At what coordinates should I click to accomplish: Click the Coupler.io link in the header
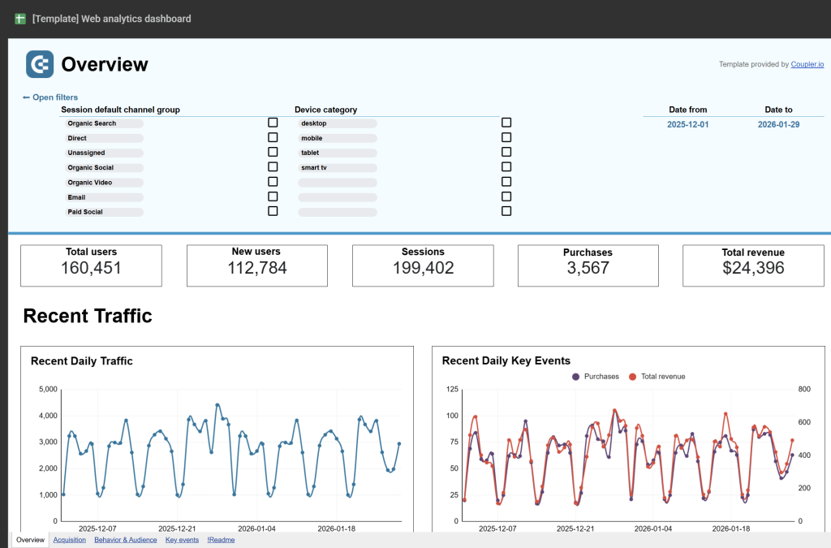coord(807,64)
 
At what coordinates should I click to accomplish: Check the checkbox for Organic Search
coord(273,123)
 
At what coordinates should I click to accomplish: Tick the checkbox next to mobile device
coord(506,137)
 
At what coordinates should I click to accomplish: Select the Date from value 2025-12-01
coord(687,124)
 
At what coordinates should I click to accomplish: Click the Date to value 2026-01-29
coord(778,124)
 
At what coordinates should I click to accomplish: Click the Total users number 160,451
coord(91,268)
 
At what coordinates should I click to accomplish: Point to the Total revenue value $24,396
coord(753,268)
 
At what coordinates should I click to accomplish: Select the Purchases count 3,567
coord(588,268)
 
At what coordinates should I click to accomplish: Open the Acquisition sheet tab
coord(69,540)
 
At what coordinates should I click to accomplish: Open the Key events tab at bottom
coord(182,540)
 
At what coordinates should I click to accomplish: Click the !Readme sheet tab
coord(221,540)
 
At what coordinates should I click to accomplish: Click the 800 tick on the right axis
coord(806,390)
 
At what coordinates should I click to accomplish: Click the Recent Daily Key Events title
coord(506,361)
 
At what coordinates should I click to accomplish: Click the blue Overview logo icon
coord(40,64)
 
